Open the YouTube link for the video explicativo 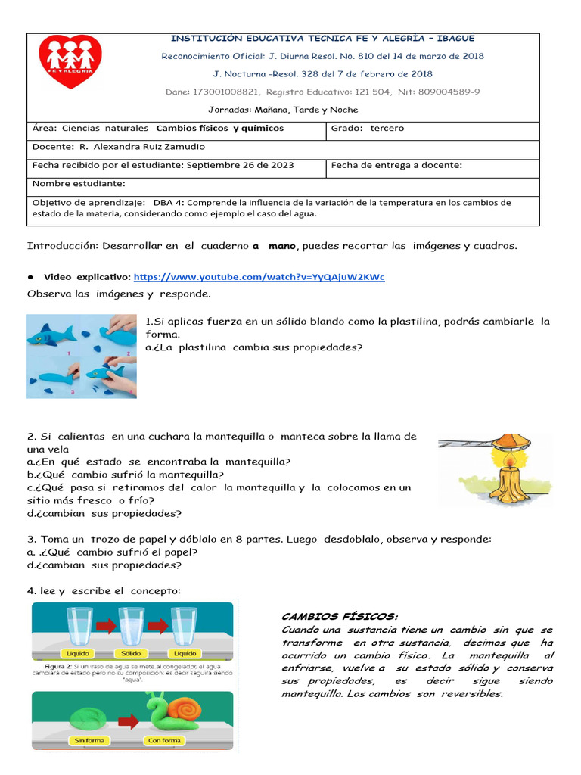[258, 277]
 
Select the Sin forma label [73, 741]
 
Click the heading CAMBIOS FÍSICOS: [339, 616]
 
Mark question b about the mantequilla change [125, 475]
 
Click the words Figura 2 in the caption [57, 667]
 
